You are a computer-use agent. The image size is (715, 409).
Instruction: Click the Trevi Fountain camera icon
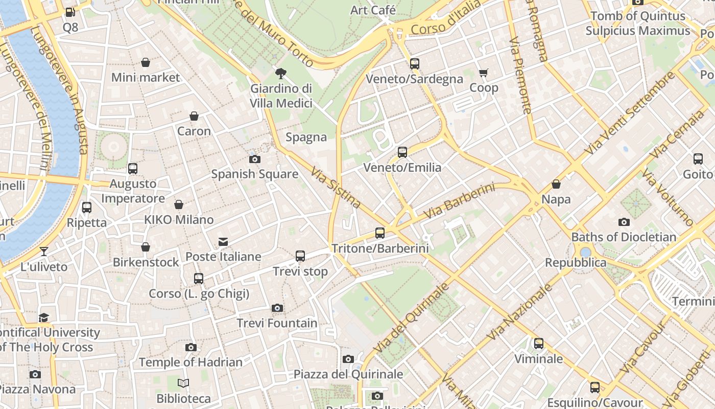(x=277, y=308)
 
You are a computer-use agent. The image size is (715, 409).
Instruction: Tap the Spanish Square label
(x=255, y=174)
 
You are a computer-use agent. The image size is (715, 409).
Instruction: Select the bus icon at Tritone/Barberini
(x=380, y=233)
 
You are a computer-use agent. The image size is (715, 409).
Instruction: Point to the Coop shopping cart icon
(x=483, y=73)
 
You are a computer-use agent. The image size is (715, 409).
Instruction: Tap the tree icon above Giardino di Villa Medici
(x=280, y=74)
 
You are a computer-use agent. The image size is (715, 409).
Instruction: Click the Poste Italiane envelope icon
(x=223, y=241)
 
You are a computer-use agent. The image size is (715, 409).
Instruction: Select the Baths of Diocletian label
(x=624, y=237)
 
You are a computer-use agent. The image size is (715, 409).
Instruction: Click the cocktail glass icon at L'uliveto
(x=44, y=251)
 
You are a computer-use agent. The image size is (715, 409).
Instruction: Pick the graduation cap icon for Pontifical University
(x=44, y=317)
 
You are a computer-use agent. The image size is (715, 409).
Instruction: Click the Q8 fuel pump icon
(x=70, y=12)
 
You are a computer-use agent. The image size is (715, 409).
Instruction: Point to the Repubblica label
(x=576, y=263)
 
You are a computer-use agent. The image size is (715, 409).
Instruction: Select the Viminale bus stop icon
(x=539, y=344)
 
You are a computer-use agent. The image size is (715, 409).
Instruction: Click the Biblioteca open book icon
(x=183, y=383)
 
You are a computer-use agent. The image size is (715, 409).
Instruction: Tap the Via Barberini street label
(x=459, y=201)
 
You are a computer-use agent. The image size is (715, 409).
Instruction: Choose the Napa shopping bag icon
(x=556, y=184)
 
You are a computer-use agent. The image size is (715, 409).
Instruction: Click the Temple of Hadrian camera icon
(x=191, y=348)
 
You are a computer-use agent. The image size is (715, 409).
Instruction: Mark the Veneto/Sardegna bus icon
(x=415, y=64)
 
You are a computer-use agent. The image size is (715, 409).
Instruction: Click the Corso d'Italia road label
(x=445, y=18)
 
